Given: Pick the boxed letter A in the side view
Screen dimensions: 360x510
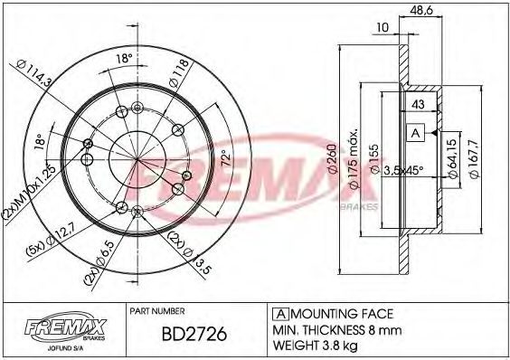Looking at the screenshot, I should (x=416, y=133).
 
